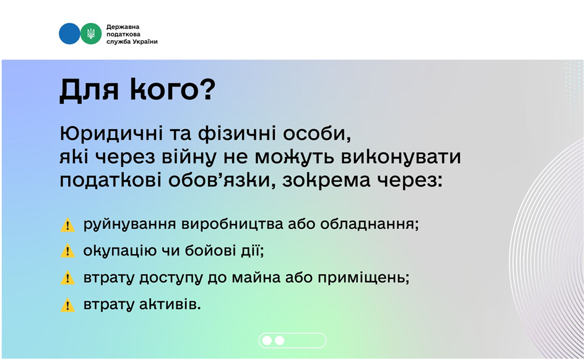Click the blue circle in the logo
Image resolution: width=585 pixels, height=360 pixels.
[x=69, y=33]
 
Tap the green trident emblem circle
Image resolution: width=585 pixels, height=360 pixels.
[x=91, y=33]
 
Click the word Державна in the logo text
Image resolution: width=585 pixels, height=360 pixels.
[x=123, y=27]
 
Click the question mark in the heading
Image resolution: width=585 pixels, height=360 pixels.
[x=207, y=89]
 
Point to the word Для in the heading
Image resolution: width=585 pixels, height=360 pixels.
[x=89, y=90]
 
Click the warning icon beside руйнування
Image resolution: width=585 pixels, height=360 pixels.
[x=67, y=225]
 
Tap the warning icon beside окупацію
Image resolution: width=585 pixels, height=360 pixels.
[x=67, y=251]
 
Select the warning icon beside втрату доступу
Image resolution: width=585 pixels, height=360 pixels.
[x=67, y=278]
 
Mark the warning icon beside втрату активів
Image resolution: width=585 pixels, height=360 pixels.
[x=67, y=305]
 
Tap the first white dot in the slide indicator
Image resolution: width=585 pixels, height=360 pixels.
[x=267, y=340]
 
